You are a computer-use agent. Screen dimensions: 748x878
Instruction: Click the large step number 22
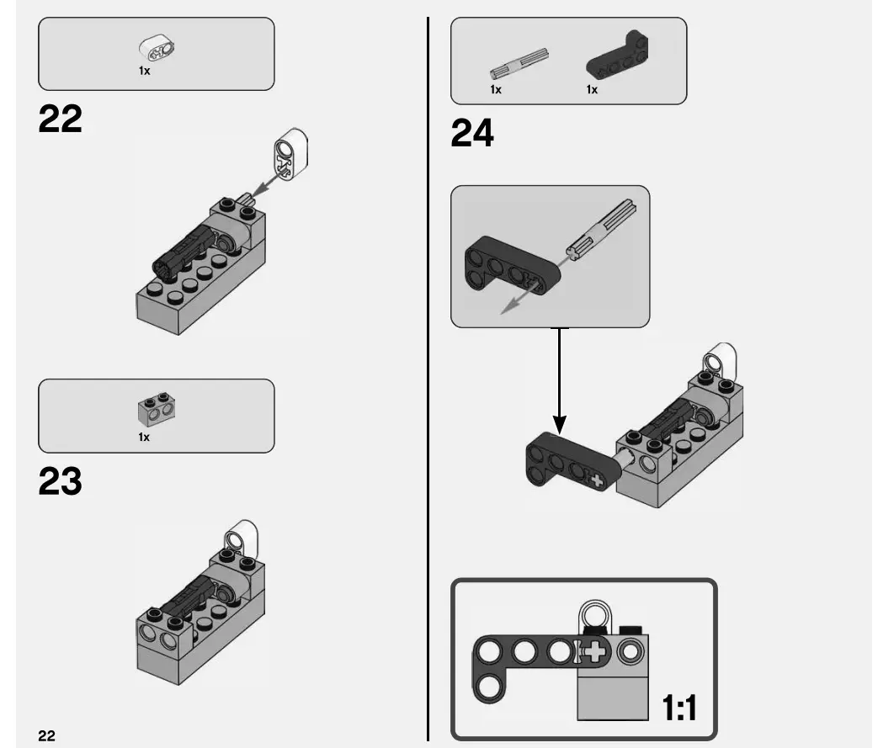(x=61, y=119)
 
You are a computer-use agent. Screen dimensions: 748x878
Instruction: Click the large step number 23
(x=61, y=481)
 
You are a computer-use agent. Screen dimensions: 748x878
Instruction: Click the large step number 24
(x=472, y=134)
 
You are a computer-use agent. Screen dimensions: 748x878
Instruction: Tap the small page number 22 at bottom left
(x=46, y=735)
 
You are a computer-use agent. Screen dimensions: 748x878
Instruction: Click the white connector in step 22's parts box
(x=156, y=49)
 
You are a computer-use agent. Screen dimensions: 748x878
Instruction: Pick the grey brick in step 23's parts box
(x=156, y=410)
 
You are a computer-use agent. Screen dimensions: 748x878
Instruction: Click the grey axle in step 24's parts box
(x=519, y=65)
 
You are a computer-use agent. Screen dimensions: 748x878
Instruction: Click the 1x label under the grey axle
(x=496, y=89)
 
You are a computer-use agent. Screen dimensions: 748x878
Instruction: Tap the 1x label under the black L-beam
(x=592, y=89)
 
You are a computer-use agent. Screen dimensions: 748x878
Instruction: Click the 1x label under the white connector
(x=144, y=72)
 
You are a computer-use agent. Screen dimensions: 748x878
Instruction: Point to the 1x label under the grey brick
(x=144, y=437)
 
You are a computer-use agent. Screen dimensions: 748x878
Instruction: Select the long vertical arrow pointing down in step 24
(x=560, y=379)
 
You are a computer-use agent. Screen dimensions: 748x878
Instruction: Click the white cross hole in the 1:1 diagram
(x=595, y=651)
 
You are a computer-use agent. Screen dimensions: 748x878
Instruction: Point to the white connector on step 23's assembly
(x=241, y=535)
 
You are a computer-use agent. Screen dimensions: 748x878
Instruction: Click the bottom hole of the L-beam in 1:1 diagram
(x=487, y=689)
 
